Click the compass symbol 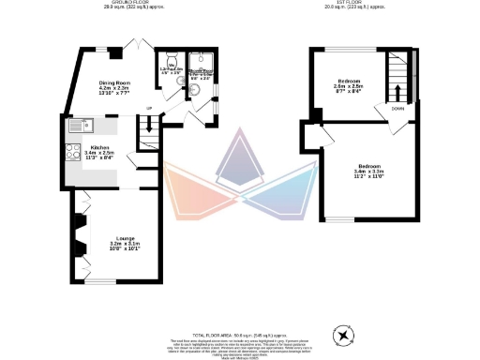pyautogui.click(x=343, y=335)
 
